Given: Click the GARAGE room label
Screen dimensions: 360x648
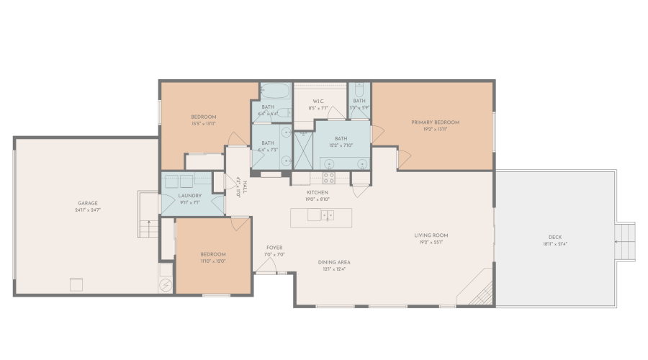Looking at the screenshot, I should [88, 203].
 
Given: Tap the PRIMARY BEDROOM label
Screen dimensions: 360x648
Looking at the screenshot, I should [435, 122].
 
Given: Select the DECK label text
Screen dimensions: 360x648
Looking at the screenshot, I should [554, 238].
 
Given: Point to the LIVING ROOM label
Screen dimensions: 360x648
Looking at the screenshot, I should [431, 235].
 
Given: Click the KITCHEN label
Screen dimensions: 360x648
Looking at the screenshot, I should [318, 193].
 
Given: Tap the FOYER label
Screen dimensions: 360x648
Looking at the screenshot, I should [274, 248].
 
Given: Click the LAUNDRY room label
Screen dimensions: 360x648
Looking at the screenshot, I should [189, 196].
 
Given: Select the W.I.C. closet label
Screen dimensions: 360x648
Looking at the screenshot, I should [319, 101].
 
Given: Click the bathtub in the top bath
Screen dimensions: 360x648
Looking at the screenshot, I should [275, 92].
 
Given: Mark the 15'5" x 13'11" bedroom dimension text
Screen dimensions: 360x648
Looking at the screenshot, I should [204, 124].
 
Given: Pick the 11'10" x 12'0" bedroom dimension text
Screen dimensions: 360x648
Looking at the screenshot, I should [213, 261].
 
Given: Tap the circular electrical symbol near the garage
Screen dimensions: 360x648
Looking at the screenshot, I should [166, 285].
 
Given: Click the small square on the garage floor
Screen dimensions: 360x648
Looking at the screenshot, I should [76, 284].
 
